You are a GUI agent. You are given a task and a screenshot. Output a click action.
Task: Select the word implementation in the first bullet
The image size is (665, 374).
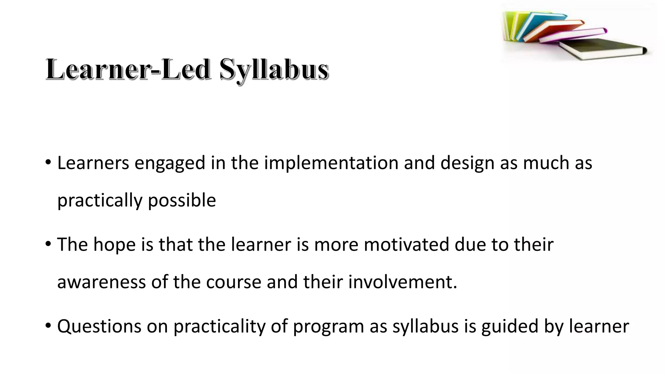pos(331,163)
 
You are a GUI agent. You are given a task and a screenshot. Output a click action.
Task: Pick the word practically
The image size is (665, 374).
pos(100,201)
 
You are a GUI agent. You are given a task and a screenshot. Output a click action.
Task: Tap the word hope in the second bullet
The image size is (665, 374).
pos(114,245)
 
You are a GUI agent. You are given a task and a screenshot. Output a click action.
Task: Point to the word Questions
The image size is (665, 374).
pos(99,327)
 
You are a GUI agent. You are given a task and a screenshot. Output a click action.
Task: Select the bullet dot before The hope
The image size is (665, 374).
pos(48,243)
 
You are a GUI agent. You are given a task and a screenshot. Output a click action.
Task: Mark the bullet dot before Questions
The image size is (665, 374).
pos(48,325)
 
